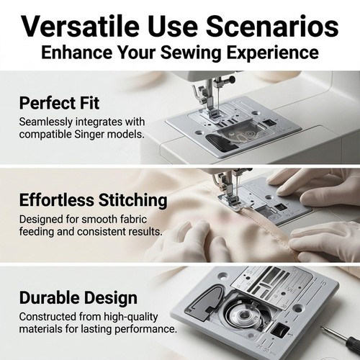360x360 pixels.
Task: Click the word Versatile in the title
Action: point(81,26)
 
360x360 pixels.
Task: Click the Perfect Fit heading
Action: point(59,103)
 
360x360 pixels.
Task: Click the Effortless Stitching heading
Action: point(93,200)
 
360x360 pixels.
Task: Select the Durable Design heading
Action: point(78,297)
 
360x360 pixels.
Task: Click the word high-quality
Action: point(131,318)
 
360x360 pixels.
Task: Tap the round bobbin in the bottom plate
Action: point(244,314)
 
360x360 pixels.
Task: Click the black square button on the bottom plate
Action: point(279,329)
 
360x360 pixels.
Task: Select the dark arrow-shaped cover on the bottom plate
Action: point(204,302)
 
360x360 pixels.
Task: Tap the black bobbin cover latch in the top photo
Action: point(217,142)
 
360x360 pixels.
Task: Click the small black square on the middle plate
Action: point(279,207)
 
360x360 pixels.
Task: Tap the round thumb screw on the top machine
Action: point(231,78)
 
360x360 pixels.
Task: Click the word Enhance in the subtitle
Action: point(77,52)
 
